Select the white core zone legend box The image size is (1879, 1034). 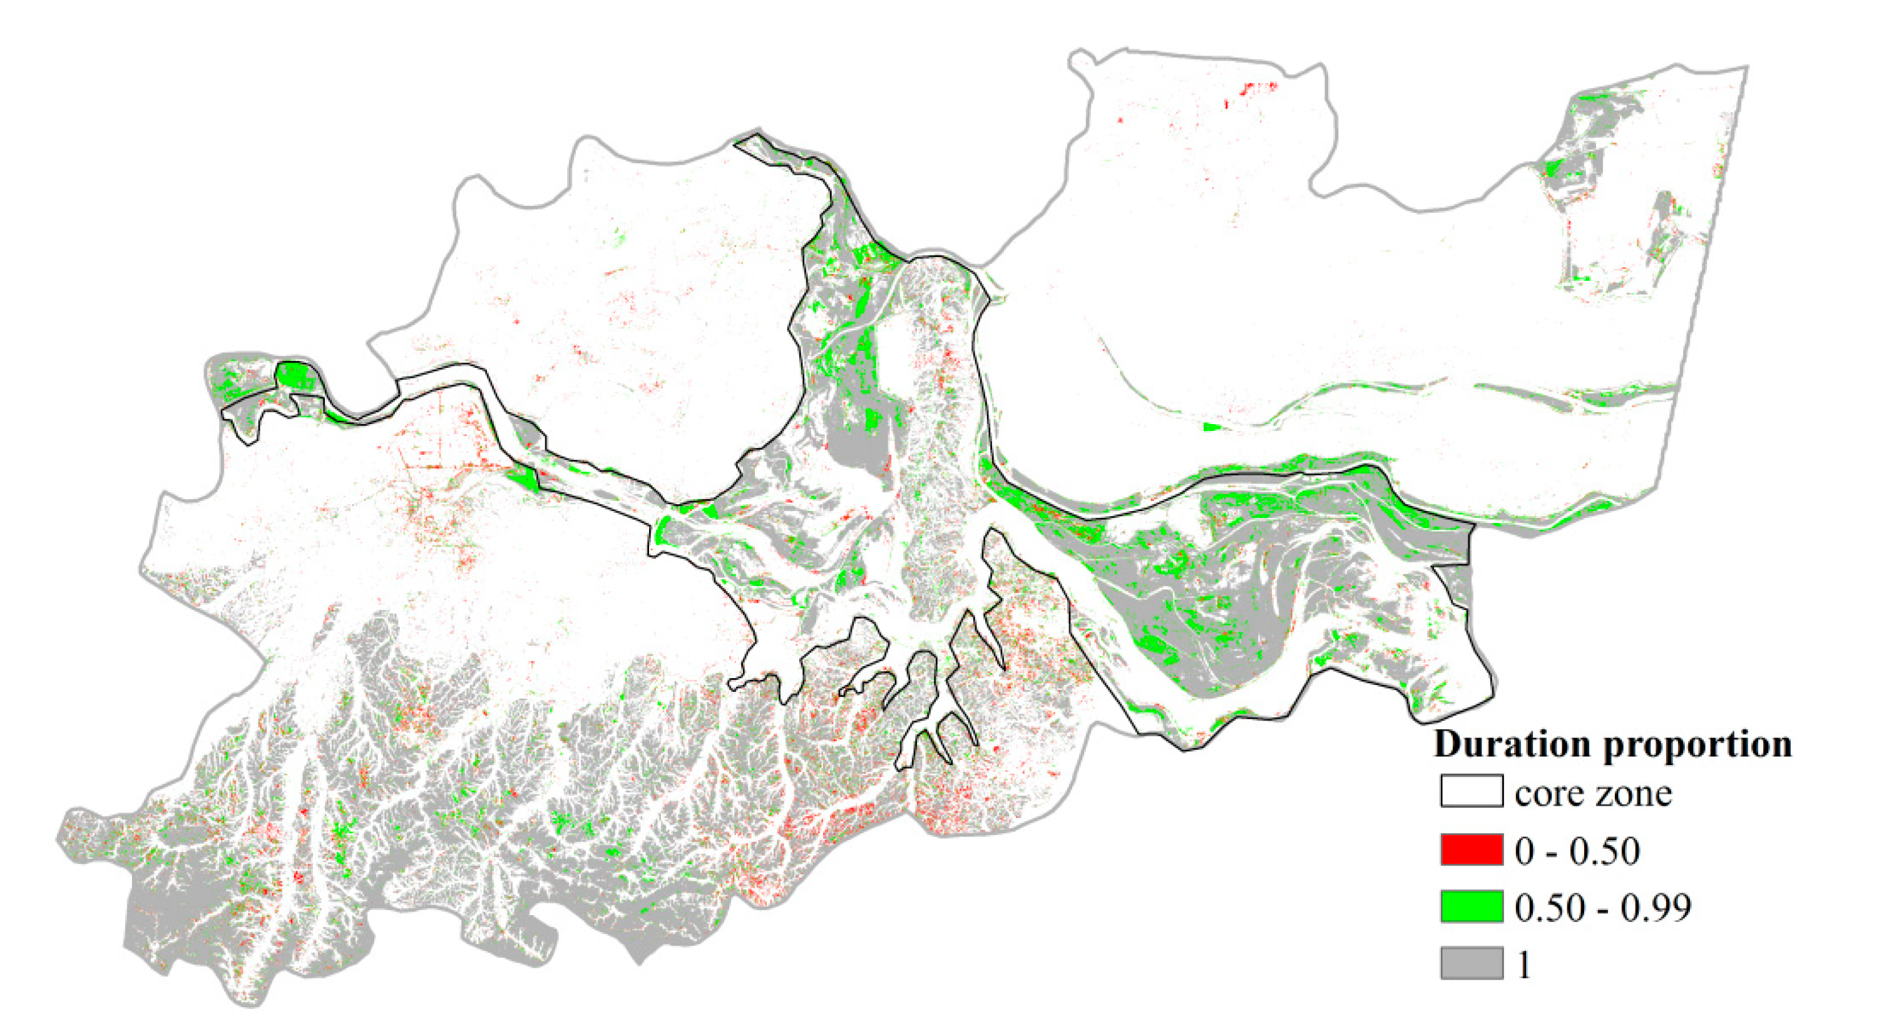pyautogui.click(x=1472, y=791)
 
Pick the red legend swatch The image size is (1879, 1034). pyautogui.click(x=1472, y=849)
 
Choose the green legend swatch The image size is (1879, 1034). pyautogui.click(x=1472, y=906)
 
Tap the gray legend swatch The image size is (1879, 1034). pyautogui.click(x=1472, y=963)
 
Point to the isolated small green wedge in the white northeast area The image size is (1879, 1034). pyautogui.click(x=1211, y=427)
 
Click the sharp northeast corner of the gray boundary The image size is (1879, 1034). pyautogui.click(x=1746, y=68)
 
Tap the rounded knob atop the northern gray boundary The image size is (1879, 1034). pyautogui.click(x=1080, y=58)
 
